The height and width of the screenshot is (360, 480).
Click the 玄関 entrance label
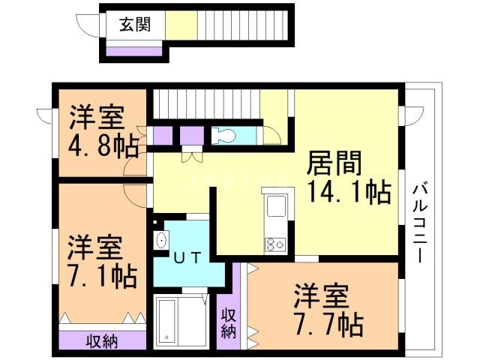pyautogui.click(x=135, y=25)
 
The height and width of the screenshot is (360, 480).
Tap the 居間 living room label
pyautogui.click(x=334, y=163)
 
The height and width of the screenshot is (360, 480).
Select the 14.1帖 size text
pyautogui.click(x=349, y=192)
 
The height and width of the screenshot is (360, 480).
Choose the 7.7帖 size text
pyautogui.click(x=328, y=325)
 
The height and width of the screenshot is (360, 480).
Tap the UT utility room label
pyautogui.click(x=187, y=257)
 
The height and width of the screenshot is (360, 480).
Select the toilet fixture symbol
pyautogui.click(x=225, y=135)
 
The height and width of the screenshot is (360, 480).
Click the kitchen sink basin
pyautogui.click(x=276, y=206)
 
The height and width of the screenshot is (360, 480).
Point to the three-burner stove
pyautogui.click(x=275, y=244)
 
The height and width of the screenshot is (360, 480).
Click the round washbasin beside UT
pyautogui.click(x=161, y=240)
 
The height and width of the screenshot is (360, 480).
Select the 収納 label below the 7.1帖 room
pyautogui.click(x=102, y=341)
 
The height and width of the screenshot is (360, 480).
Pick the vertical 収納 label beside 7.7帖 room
pyautogui.click(x=229, y=323)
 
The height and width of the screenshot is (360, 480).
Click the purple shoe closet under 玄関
pyautogui.click(x=133, y=52)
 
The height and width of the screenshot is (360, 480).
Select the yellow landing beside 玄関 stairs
pyautogui.click(x=181, y=25)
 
